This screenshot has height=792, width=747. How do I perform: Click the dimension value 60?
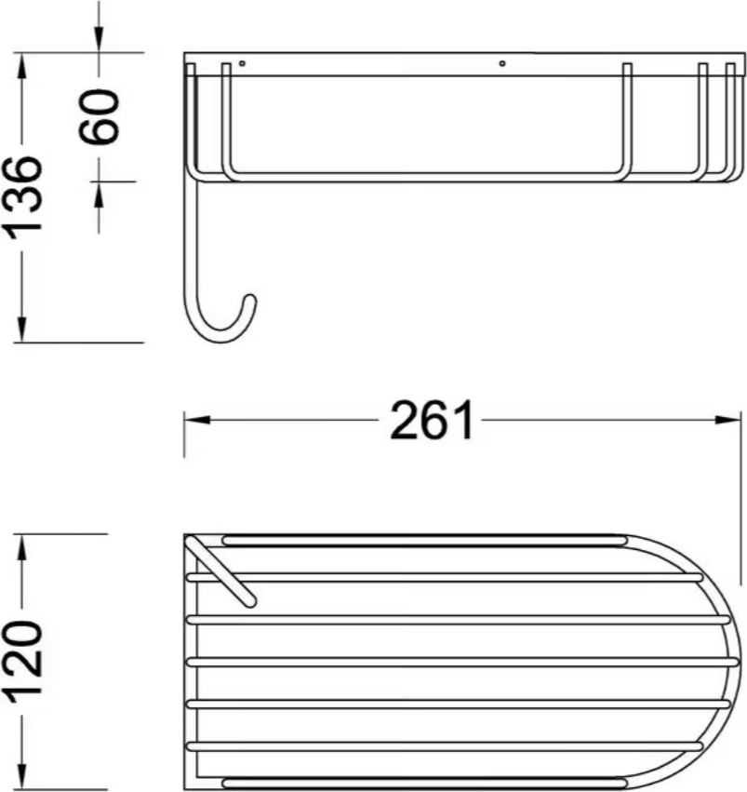[x=99, y=116]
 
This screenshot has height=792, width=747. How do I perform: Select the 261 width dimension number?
[x=432, y=421]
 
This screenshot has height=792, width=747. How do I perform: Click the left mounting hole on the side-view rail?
[x=242, y=63]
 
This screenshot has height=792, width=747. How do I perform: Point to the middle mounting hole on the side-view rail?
[x=501, y=63]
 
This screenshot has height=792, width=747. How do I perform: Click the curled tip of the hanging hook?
[x=250, y=301]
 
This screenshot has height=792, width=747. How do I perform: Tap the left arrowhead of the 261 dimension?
[x=197, y=420]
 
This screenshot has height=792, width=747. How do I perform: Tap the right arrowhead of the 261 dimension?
[x=727, y=420]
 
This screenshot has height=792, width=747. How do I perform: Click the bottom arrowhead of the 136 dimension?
[x=21, y=329]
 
